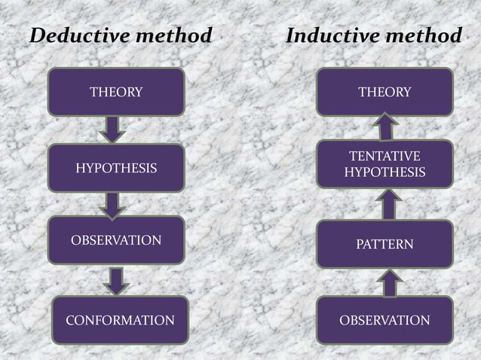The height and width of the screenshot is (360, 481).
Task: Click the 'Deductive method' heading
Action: point(119,35)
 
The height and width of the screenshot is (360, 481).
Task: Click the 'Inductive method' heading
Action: point(373,35)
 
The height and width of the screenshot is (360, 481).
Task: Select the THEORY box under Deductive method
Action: point(116,92)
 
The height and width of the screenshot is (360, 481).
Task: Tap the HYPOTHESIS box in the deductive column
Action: point(116,167)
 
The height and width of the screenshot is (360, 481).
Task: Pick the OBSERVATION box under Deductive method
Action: point(116,240)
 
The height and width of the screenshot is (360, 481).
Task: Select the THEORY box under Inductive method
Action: point(384,92)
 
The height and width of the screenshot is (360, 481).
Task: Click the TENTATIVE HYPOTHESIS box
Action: point(384,165)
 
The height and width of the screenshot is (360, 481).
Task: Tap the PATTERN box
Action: point(384,244)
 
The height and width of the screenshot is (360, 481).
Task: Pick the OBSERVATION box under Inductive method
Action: point(384,319)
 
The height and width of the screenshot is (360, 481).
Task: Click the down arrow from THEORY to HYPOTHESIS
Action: point(112,128)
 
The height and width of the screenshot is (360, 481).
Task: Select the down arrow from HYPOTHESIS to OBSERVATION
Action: point(115,203)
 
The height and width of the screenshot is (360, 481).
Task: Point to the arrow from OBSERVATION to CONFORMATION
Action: point(117,279)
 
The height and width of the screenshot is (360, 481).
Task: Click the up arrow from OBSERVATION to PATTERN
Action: point(388,282)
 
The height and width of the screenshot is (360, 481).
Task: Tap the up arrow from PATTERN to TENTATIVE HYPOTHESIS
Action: point(388,203)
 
